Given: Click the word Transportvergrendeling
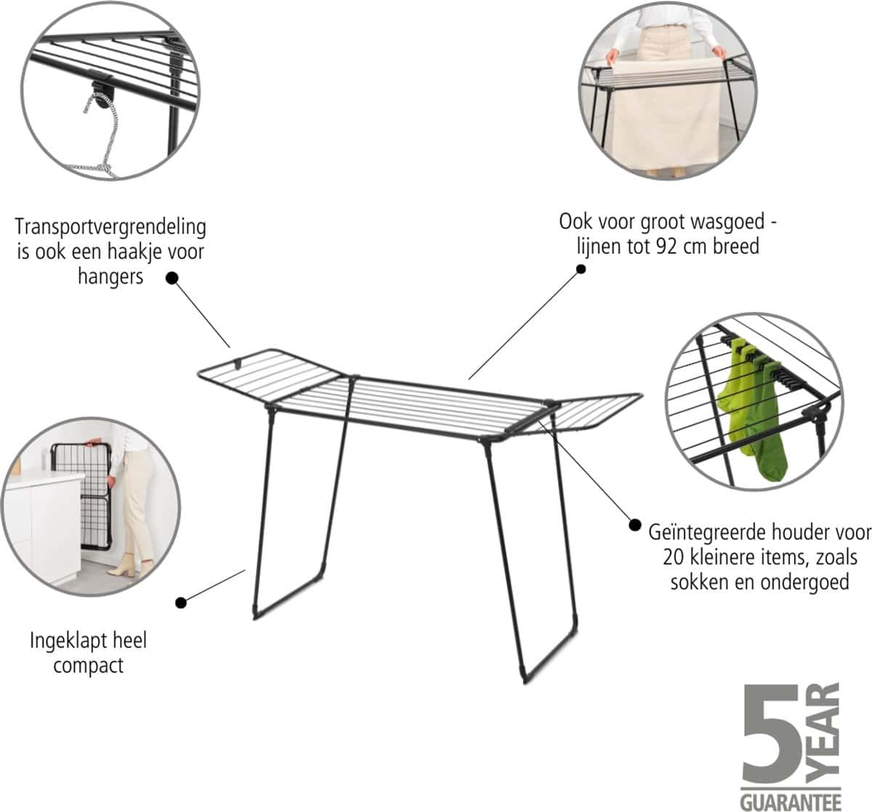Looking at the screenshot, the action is point(110,227).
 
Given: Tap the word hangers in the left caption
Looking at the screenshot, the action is point(110,277).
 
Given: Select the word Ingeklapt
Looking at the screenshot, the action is point(60,641).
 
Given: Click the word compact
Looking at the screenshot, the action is point(88,666).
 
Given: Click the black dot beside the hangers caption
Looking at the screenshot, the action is point(172,278).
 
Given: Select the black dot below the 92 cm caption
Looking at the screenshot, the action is point(581,269).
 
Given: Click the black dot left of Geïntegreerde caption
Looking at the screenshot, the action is point(635,525).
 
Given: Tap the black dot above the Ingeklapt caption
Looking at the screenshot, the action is point(180,603).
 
